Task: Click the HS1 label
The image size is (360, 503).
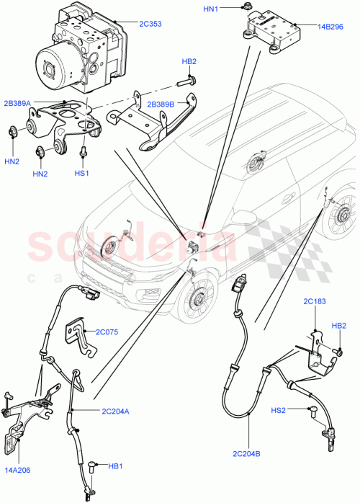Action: (82, 173)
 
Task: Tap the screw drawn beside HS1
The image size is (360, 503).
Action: (83, 153)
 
